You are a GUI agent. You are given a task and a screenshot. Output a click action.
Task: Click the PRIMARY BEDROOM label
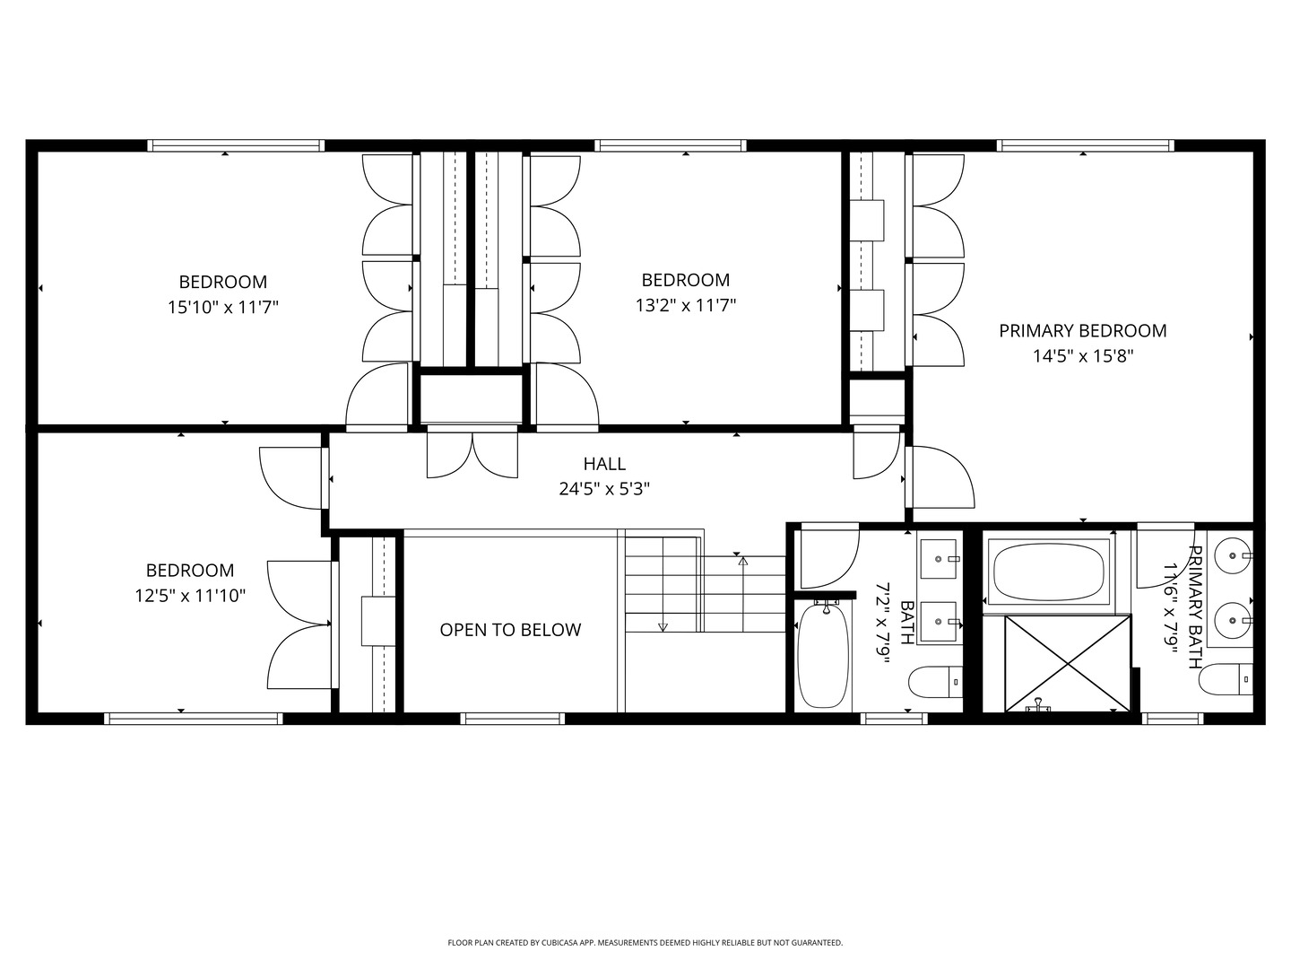tap(1083, 331)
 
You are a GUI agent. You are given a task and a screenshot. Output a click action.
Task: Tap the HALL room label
tap(604, 464)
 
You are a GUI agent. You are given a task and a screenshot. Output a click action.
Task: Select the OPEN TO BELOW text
tap(510, 630)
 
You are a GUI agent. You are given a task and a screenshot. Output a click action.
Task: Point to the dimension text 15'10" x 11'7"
tap(223, 307)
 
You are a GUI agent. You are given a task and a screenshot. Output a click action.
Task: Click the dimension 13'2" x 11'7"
tap(686, 305)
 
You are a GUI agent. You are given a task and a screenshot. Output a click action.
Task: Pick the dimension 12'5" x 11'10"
tap(190, 596)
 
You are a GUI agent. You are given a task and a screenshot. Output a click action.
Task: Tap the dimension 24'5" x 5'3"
tap(604, 489)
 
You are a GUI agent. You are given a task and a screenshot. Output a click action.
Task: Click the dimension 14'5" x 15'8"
tap(1083, 356)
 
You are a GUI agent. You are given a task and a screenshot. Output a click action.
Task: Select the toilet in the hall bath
tap(935, 683)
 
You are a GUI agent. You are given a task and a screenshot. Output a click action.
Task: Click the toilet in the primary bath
tap(1226, 679)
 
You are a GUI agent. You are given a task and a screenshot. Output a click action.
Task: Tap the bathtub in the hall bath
tap(823, 655)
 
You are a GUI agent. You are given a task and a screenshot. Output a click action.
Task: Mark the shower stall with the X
tap(1067, 664)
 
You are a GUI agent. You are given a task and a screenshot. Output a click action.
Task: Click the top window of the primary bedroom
tap(1085, 145)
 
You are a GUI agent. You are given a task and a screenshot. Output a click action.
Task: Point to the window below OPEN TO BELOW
tap(512, 719)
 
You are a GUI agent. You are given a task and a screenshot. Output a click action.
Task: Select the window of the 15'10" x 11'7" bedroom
tap(235, 145)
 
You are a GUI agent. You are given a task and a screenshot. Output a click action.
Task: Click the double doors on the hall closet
tap(472, 454)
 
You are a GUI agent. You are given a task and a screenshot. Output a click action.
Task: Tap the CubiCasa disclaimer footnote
tap(645, 942)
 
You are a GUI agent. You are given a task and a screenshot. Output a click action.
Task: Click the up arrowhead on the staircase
tap(743, 562)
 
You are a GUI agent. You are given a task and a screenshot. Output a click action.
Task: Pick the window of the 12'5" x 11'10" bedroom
tap(194, 719)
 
